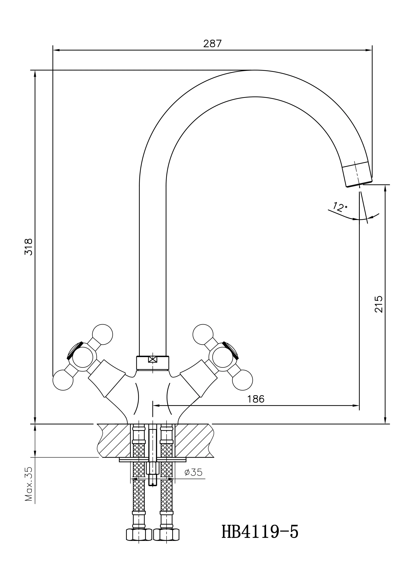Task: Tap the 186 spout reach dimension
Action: (x=256, y=399)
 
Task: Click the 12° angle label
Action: (x=339, y=207)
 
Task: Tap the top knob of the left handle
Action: (x=102, y=334)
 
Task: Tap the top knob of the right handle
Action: (x=203, y=334)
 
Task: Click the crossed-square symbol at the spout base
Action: (x=153, y=359)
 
